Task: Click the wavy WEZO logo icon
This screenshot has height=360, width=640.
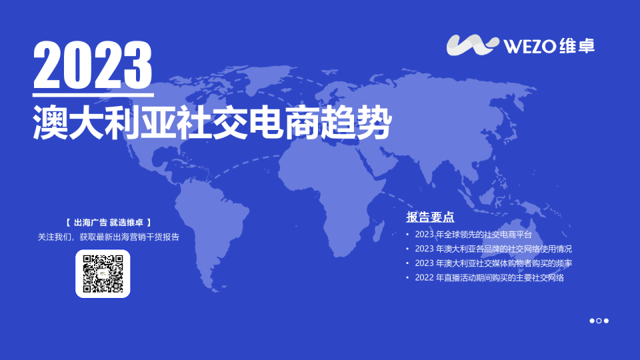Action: click(473, 45)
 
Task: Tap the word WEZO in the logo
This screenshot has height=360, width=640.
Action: click(530, 45)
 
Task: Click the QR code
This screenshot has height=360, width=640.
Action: click(103, 273)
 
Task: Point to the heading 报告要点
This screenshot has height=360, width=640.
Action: click(430, 217)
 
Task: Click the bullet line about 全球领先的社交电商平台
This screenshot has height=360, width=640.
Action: click(473, 234)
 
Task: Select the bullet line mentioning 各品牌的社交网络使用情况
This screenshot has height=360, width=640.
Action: click(493, 249)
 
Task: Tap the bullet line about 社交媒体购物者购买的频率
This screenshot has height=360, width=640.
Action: click(493, 263)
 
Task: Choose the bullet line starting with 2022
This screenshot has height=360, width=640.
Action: click(489, 278)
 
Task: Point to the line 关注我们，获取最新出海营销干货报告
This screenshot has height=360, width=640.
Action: click(109, 237)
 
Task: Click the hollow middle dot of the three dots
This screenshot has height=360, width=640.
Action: click(599, 321)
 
